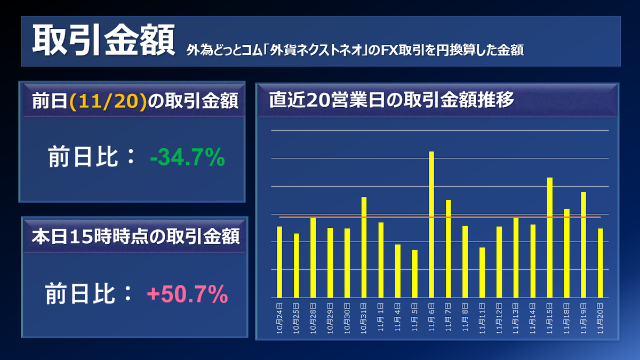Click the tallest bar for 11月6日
tap(431, 224)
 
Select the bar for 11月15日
tap(550, 237)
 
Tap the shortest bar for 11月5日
tap(414, 274)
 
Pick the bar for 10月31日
tap(364, 247)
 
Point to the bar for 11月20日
tap(601, 263)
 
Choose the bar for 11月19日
tap(583, 244)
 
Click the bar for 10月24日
tap(279, 262)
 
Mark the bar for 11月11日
tap(482, 272)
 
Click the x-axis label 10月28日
tap(314, 318)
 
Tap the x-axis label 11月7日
tap(449, 318)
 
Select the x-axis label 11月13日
tap(516, 318)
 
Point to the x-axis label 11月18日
tap(567, 318)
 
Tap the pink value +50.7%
tap(187, 294)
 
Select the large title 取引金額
tap(103, 41)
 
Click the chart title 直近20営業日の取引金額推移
tap(391, 100)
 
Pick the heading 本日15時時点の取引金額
tap(135, 236)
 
